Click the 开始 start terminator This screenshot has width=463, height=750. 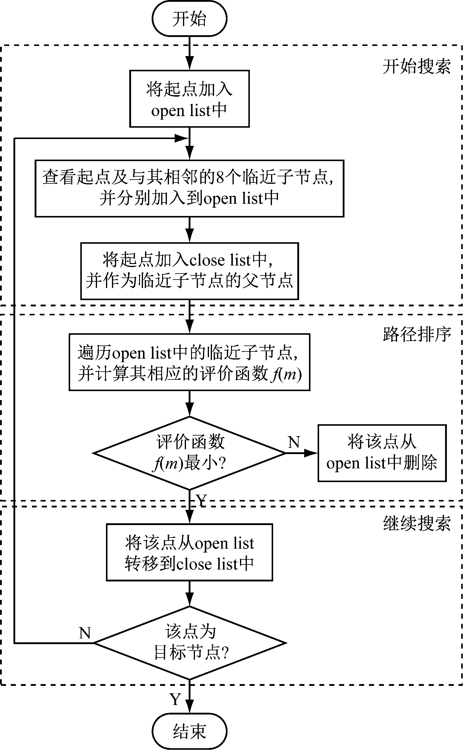coord(189,18)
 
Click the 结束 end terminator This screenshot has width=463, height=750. coord(189,732)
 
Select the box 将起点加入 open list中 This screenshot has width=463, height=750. coord(189,99)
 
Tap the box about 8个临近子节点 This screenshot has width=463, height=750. coord(189,188)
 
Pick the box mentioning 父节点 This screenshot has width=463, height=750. coord(189,271)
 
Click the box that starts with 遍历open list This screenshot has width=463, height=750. coord(189,362)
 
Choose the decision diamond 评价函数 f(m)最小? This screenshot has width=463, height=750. coord(189,453)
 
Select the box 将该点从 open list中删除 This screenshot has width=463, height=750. coord(382,453)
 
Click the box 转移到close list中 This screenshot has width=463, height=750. coord(189,552)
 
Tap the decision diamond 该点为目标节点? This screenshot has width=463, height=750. coord(189,643)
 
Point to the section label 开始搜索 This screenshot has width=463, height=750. coord(416,67)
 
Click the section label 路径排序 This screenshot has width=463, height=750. coord(416,334)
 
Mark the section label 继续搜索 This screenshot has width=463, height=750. coord(416,523)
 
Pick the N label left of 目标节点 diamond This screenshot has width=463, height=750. coord(85,633)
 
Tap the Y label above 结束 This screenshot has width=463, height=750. coord(176,700)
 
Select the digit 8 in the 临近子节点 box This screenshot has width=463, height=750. coord(220,177)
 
